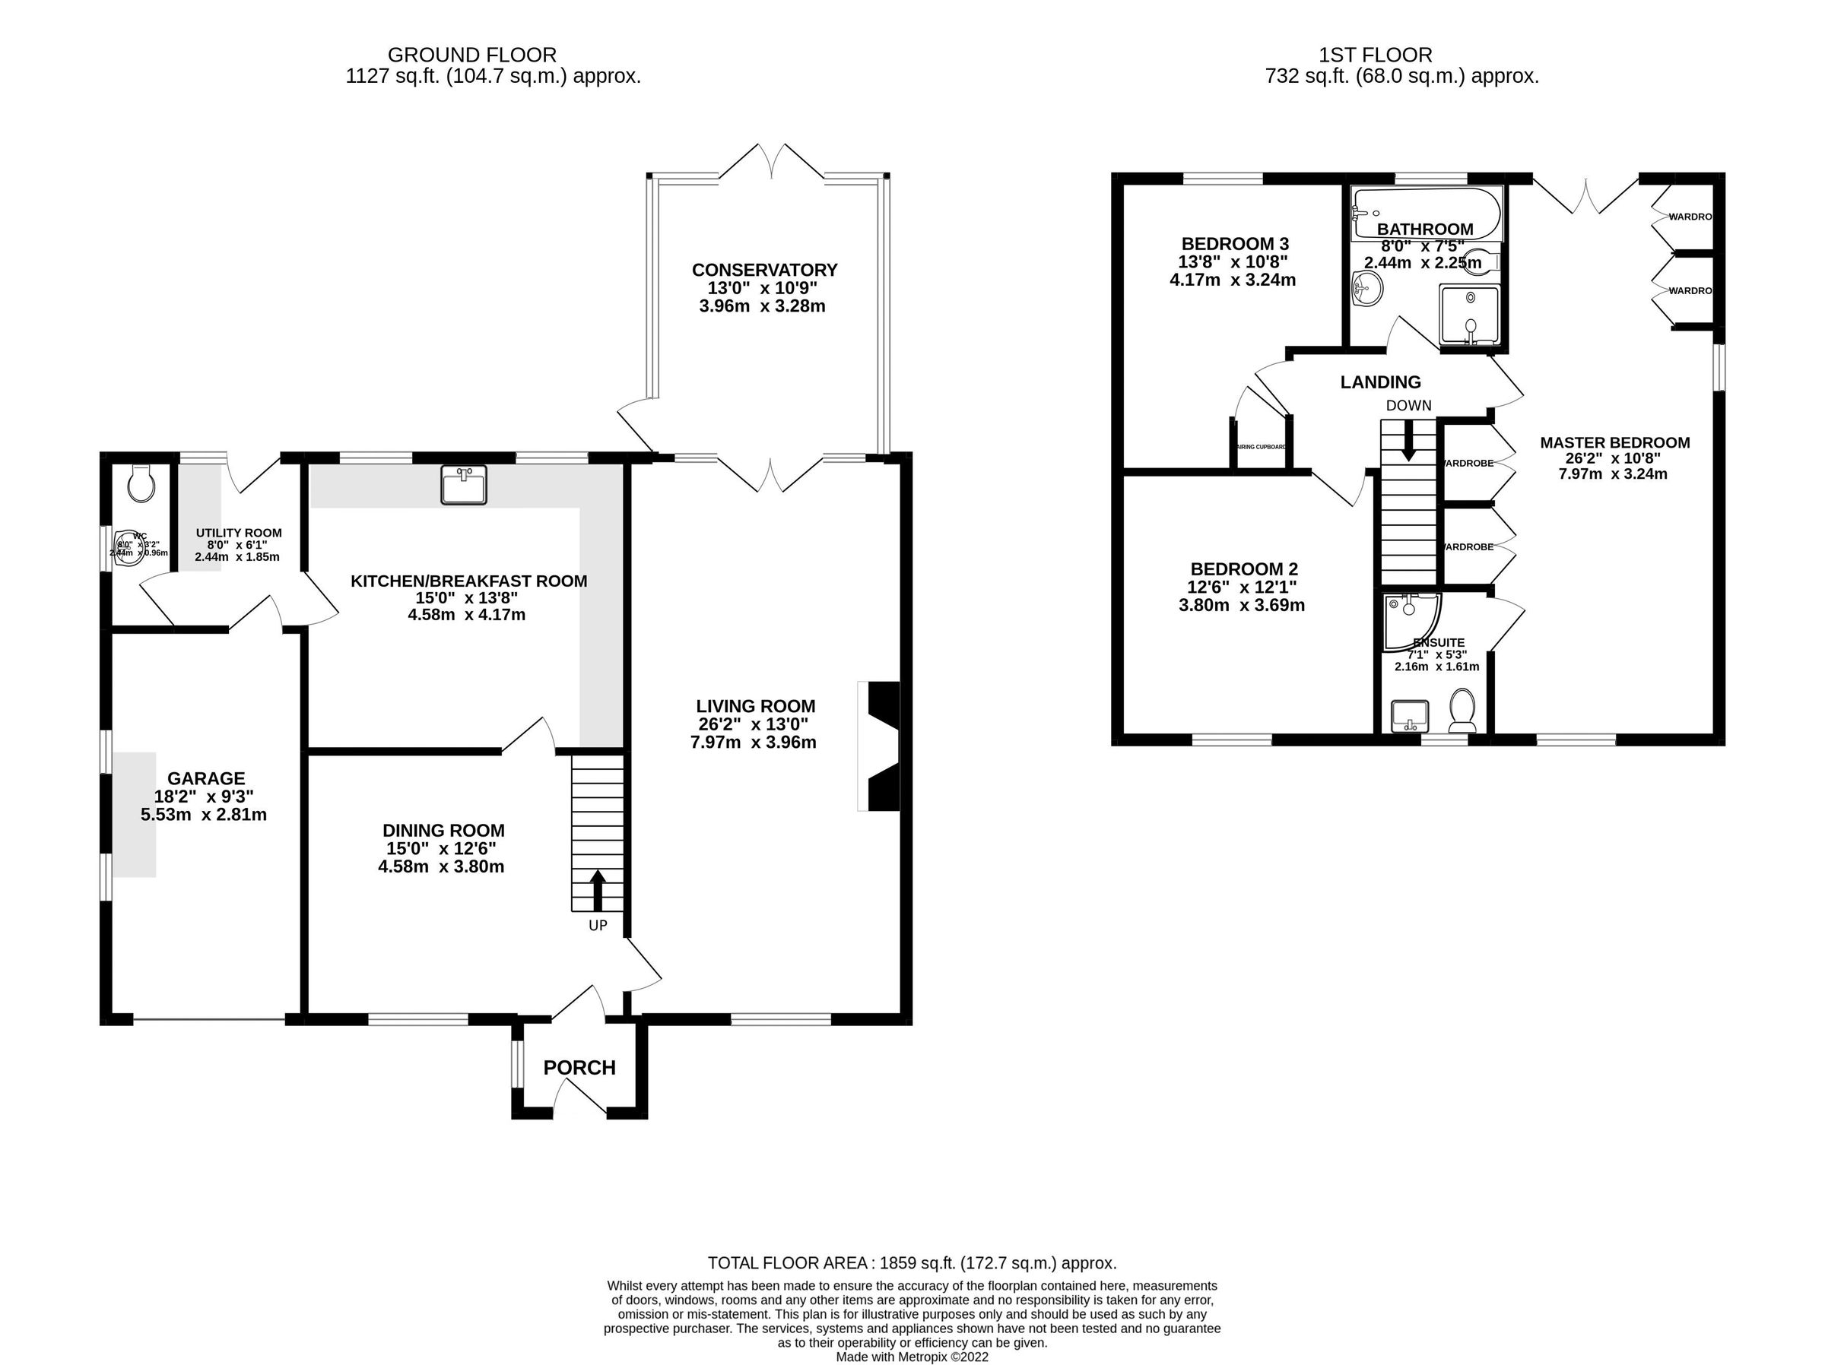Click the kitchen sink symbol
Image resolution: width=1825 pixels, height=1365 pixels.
[x=465, y=485]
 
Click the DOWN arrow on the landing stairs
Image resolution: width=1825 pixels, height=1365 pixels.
[x=1408, y=439]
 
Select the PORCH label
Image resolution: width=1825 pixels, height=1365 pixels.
[x=579, y=1068]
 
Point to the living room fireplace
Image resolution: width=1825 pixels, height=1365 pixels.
[x=880, y=746]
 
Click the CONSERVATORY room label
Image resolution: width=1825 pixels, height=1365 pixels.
[x=764, y=270]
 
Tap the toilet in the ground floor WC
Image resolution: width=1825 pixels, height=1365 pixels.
[x=142, y=483]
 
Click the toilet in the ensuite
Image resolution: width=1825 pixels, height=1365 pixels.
[x=1462, y=711]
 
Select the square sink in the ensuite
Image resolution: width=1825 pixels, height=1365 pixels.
[x=1409, y=716]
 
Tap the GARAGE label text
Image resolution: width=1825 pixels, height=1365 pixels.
[x=206, y=778]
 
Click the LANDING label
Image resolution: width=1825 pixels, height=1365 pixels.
[x=1380, y=382]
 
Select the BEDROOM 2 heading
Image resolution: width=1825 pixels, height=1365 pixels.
[x=1243, y=569]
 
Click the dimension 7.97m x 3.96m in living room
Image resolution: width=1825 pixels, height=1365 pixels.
[x=754, y=743]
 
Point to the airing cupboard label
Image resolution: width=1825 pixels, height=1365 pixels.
[x=1260, y=447]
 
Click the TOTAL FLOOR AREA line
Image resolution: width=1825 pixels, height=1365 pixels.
[x=912, y=1262]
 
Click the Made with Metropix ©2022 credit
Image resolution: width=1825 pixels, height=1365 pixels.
[x=912, y=1357]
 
